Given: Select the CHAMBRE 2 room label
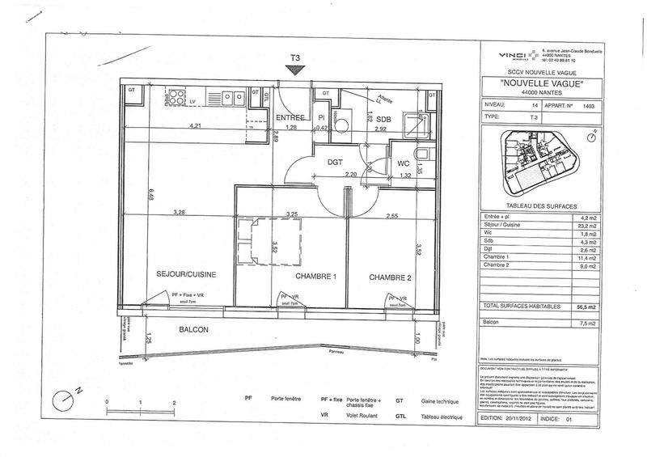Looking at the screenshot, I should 392,277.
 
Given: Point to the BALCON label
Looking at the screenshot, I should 195,330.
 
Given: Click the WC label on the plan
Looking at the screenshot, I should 403,163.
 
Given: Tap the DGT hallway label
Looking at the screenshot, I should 336,162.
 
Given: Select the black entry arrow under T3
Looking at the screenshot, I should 296,70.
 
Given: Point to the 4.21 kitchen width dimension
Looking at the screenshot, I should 195,127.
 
